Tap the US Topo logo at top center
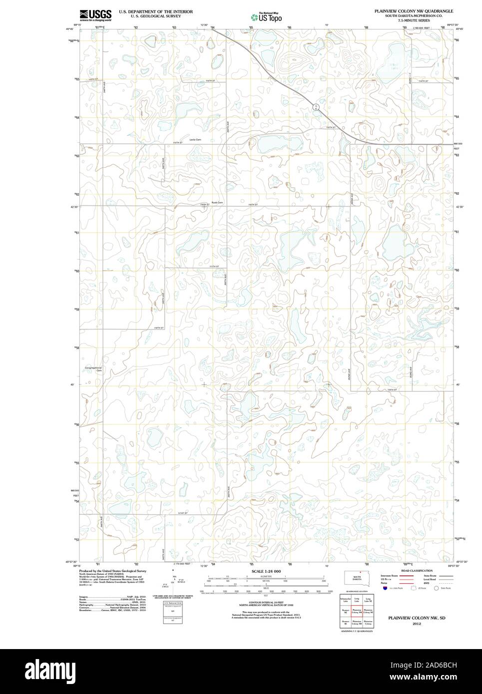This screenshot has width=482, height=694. pos(266,17)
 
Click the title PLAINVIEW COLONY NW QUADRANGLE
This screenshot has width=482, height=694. pos(411,10)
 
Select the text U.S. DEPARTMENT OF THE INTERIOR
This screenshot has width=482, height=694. pos(149,10)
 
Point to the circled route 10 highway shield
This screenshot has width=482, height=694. pos(316,107)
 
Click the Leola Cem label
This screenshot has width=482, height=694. pos(195,139)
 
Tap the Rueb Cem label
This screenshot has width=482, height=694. pos(217,202)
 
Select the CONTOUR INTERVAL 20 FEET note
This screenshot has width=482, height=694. pos(266,603)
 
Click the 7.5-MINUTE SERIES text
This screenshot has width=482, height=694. pos(410,20)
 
